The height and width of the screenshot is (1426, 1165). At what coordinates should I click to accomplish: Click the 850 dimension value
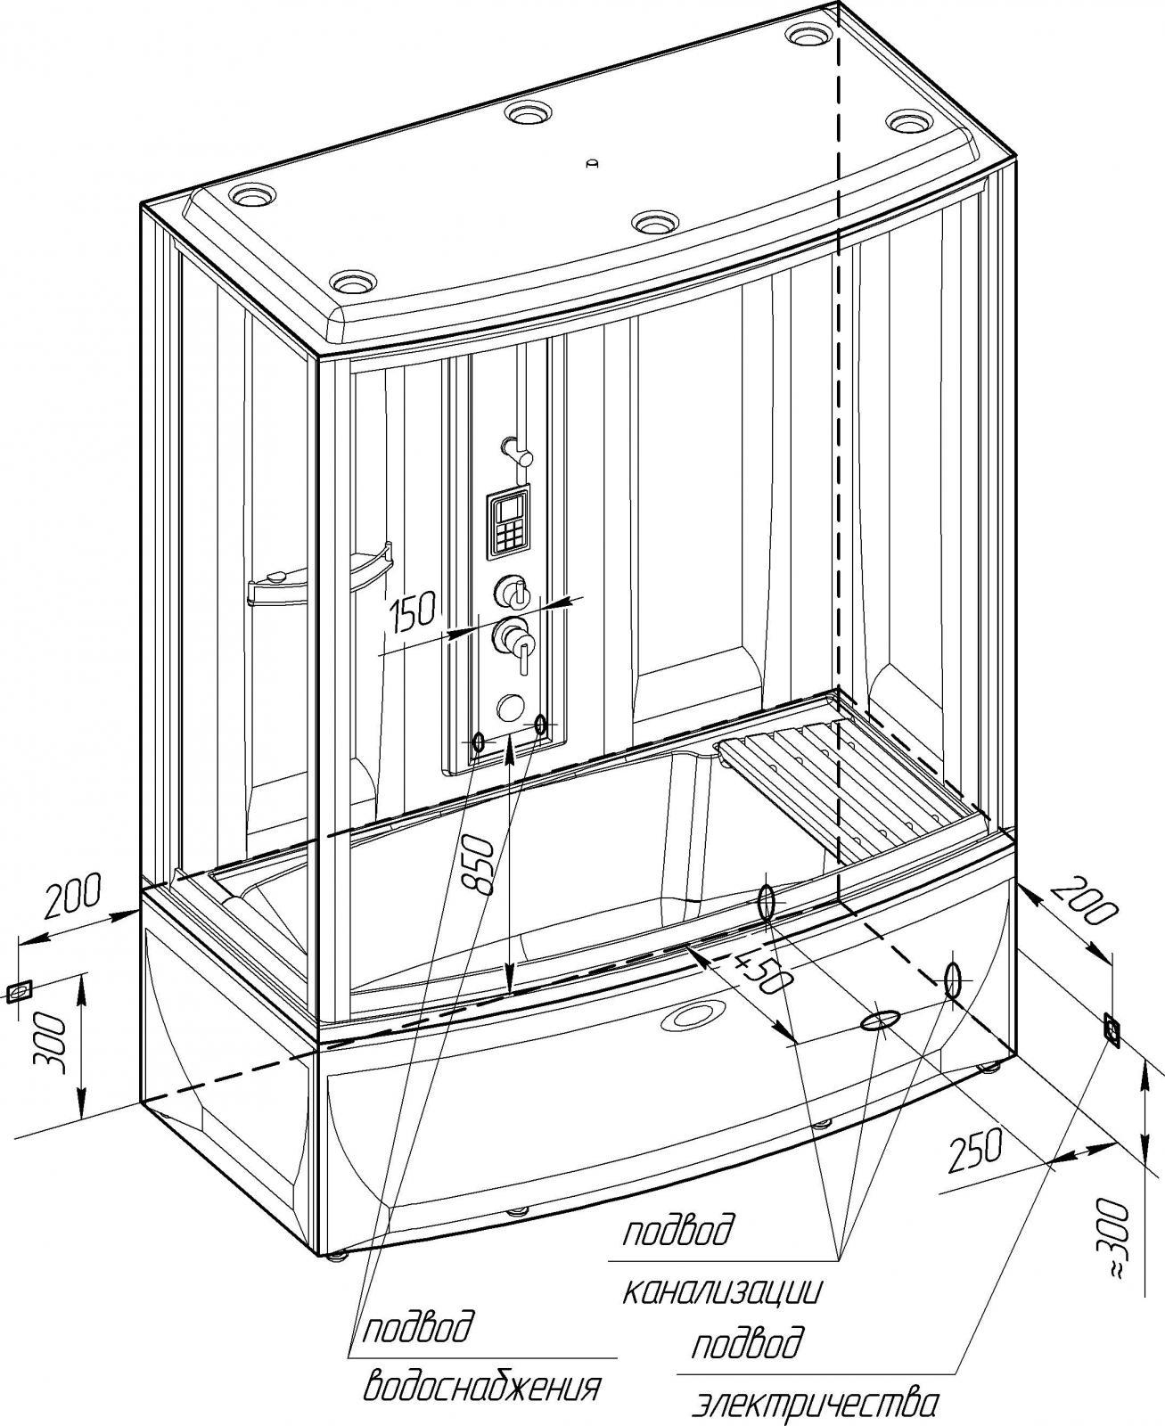click(479, 865)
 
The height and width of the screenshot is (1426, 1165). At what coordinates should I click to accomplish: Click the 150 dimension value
click(413, 612)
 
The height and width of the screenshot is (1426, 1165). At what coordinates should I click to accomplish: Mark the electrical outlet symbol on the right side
click(1112, 1028)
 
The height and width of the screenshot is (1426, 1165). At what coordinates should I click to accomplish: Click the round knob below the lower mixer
click(510, 707)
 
